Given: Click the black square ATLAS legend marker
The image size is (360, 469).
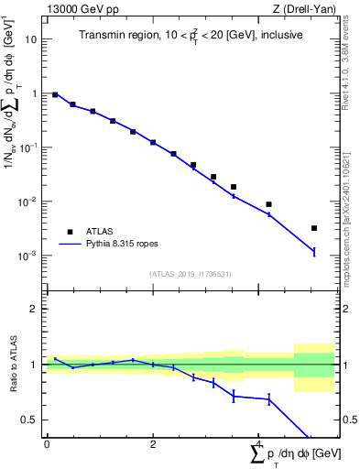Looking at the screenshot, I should click(68, 232).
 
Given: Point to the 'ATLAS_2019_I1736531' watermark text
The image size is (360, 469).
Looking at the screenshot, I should click(189, 274).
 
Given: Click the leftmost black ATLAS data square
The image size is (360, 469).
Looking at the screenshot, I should click(55, 94).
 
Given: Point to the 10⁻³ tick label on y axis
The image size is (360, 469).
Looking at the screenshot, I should click(28, 256).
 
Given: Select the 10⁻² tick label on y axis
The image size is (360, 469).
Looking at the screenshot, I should click(28, 202).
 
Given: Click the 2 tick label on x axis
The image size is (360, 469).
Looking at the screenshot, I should click(153, 444).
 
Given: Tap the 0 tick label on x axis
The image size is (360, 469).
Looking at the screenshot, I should click(47, 444).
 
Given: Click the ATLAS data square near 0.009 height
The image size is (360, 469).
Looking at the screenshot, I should click(268, 204).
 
